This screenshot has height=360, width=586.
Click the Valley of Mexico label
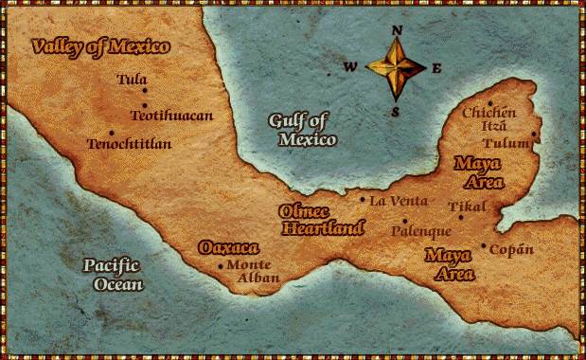point(99,46)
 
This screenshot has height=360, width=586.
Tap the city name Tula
point(132,80)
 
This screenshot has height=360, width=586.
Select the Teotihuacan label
point(171,116)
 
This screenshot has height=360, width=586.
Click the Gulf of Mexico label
point(303,130)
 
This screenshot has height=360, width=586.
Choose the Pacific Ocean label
point(112,274)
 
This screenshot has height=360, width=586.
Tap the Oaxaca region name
point(228,247)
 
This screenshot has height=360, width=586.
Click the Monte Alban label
point(253,271)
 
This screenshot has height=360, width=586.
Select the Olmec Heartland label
point(322,219)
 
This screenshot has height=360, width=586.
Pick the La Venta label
point(398,201)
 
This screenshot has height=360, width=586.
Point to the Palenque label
point(420,231)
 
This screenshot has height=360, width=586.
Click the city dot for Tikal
point(461,217)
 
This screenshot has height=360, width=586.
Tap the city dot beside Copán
point(484,246)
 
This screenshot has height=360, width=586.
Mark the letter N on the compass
point(398,30)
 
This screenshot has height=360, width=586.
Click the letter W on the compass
point(350,67)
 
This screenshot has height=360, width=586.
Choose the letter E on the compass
point(437,67)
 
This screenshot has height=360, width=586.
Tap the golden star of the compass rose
point(397,69)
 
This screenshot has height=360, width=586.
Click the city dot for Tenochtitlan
point(111,133)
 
